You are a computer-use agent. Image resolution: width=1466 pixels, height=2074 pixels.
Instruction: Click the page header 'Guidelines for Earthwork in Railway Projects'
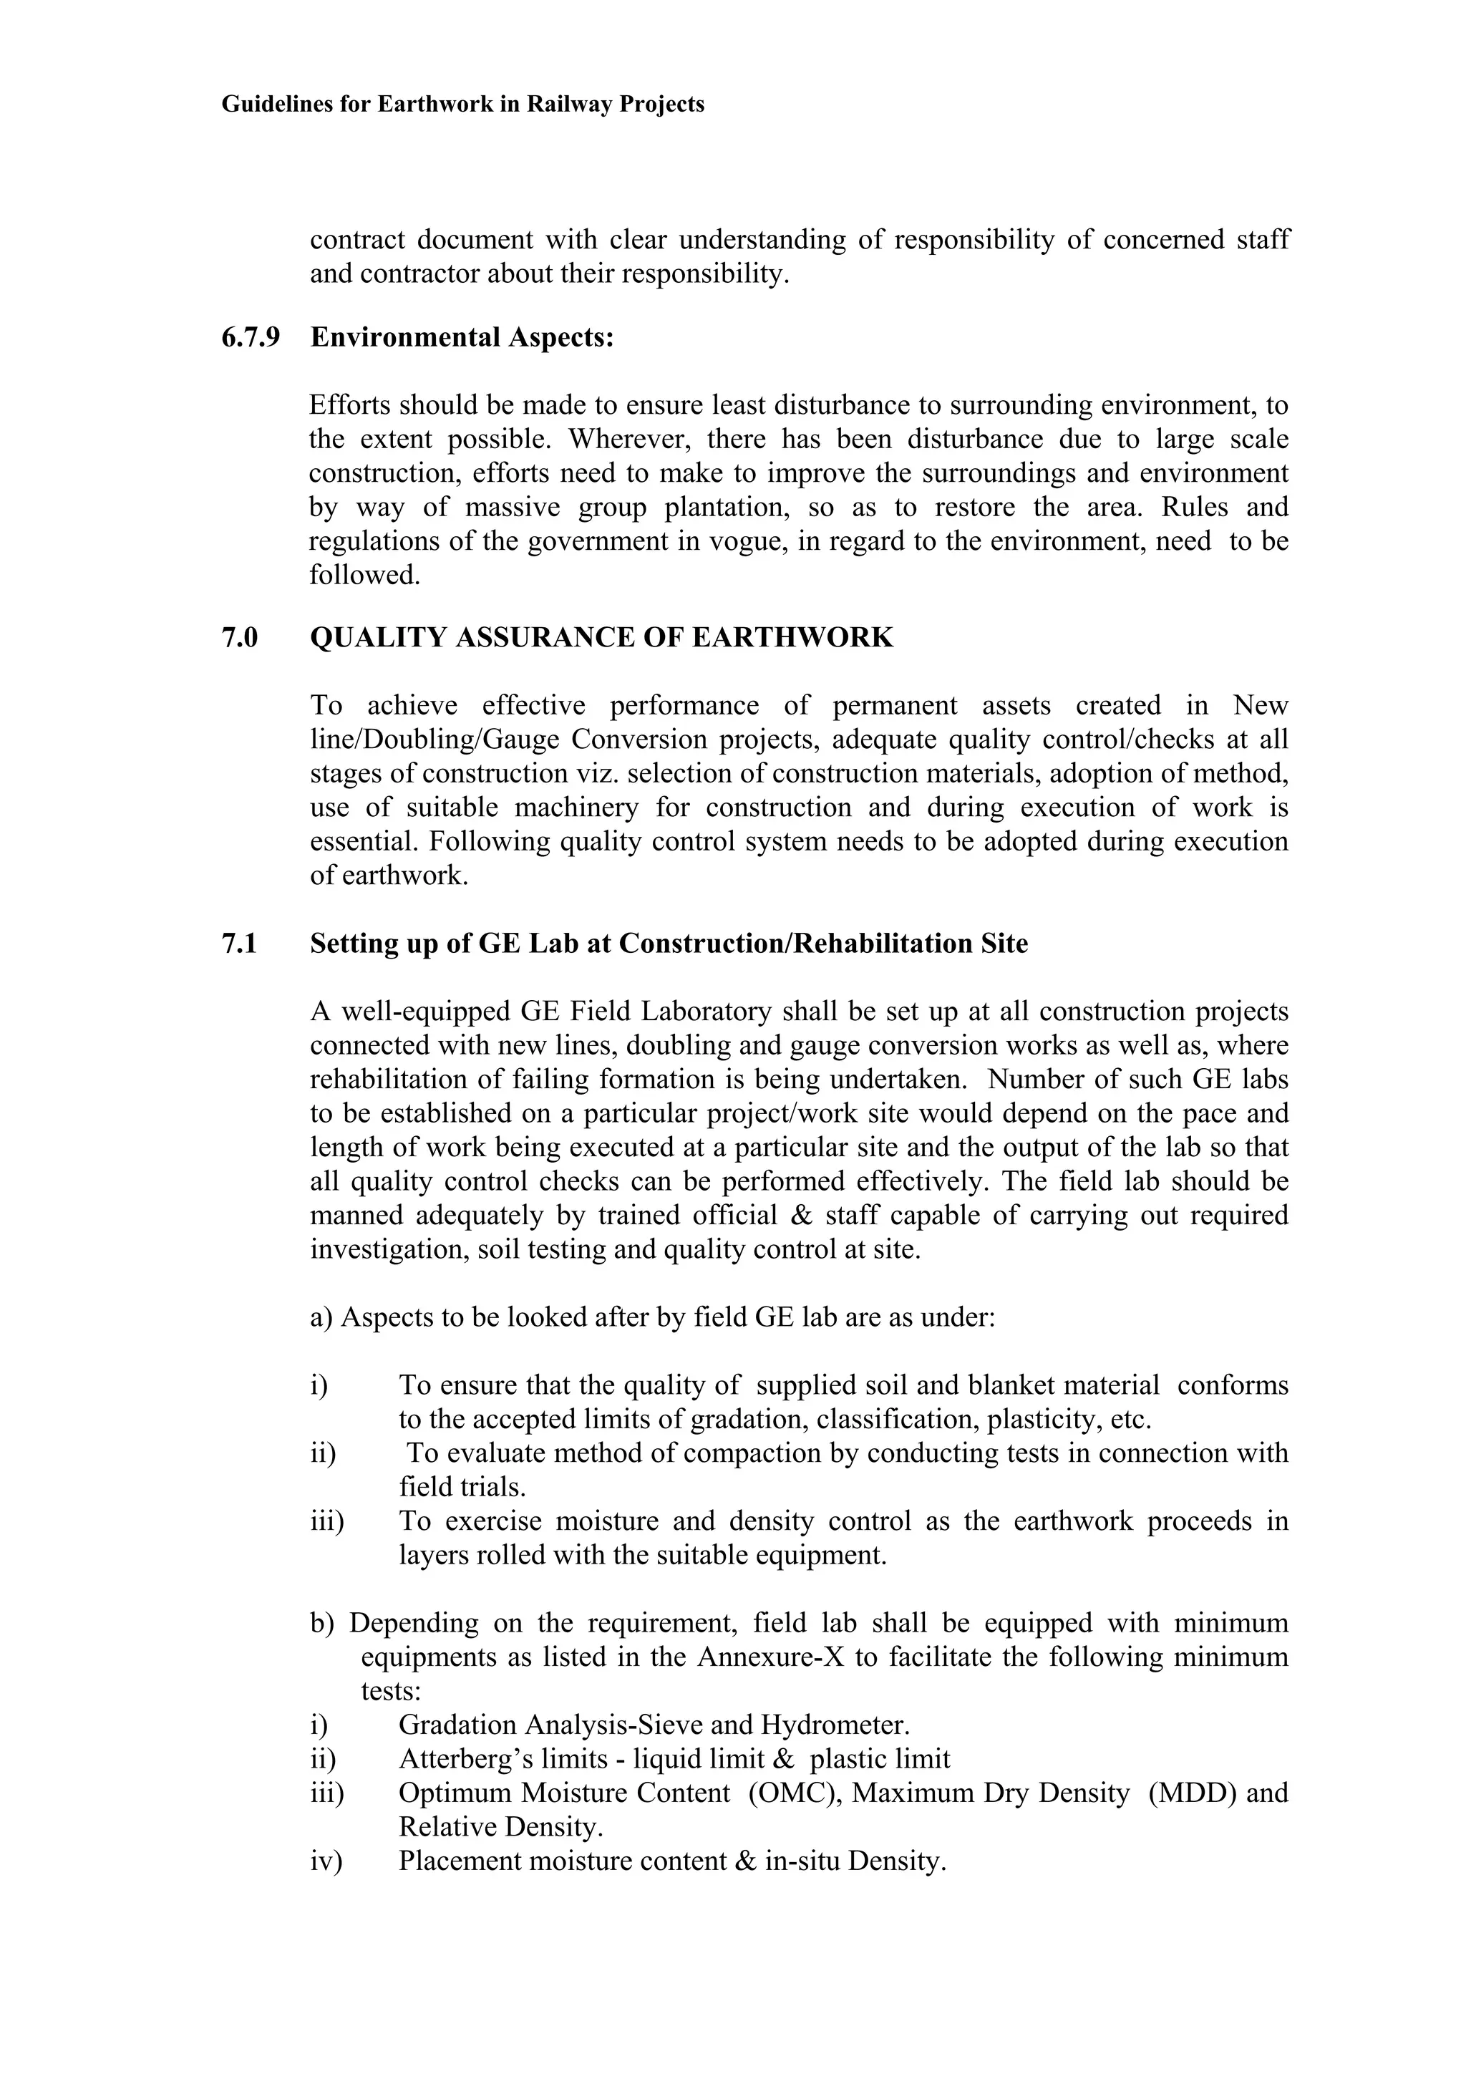462,105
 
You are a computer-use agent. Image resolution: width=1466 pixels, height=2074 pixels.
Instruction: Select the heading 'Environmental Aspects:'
462,338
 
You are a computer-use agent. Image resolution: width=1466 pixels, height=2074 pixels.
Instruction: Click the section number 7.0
239,638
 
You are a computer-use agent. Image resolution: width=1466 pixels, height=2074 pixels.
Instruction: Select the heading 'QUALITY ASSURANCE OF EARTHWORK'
601,638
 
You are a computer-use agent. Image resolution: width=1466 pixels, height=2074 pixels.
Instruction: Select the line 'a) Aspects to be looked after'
652,1318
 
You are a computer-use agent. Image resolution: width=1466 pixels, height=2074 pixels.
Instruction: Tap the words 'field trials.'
462,1487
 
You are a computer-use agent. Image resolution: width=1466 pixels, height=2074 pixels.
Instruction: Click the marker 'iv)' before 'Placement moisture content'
326,1861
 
